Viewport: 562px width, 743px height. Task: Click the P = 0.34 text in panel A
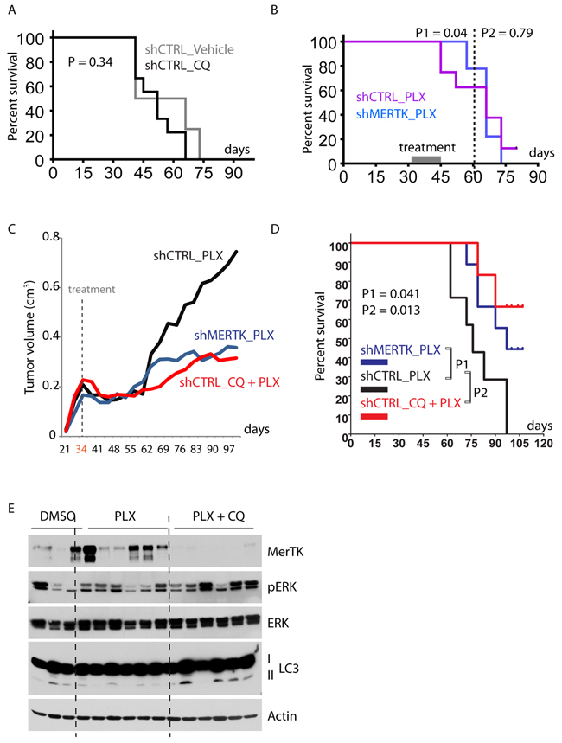click(93, 63)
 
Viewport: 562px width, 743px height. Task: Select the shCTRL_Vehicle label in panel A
click(189, 49)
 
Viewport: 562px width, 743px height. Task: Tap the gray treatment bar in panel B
click(425, 159)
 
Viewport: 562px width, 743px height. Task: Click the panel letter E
click(10, 508)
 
